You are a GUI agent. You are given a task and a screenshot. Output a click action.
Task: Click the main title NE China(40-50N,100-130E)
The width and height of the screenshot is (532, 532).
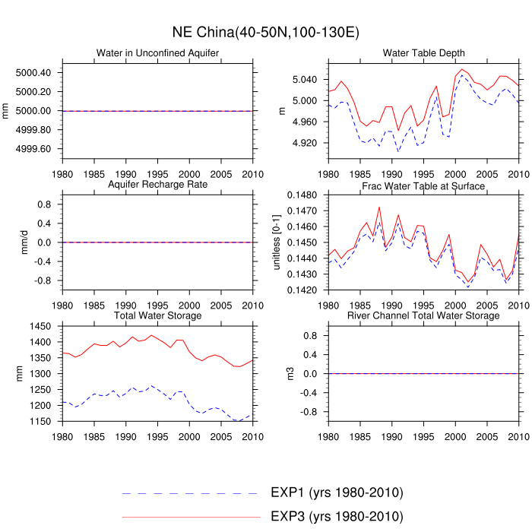click(x=265, y=33)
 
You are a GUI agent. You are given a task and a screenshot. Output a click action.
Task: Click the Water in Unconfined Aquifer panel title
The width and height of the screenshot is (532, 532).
click(x=157, y=53)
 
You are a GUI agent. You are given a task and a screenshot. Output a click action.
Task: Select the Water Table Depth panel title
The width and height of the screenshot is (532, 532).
click(x=424, y=53)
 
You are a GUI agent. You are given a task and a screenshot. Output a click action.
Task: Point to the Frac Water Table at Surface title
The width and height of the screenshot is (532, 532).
click(x=424, y=185)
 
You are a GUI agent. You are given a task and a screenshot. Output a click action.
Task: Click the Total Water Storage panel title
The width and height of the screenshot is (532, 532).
click(x=157, y=315)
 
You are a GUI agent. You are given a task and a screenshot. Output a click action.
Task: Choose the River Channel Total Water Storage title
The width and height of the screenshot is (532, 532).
click(x=424, y=315)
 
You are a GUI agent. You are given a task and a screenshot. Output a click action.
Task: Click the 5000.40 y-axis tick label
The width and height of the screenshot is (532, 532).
click(x=34, y=73)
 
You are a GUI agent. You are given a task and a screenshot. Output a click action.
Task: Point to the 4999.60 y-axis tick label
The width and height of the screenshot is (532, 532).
click(x=34, y=148)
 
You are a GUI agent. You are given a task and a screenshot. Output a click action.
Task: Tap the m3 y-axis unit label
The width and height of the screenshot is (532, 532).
click(x=288, y=373)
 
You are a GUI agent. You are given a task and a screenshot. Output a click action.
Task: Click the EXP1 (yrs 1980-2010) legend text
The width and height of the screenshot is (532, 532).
click(x=337, y=492)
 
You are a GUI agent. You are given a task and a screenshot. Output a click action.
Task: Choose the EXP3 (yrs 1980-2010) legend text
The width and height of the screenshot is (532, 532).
click(x=337, y=517)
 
